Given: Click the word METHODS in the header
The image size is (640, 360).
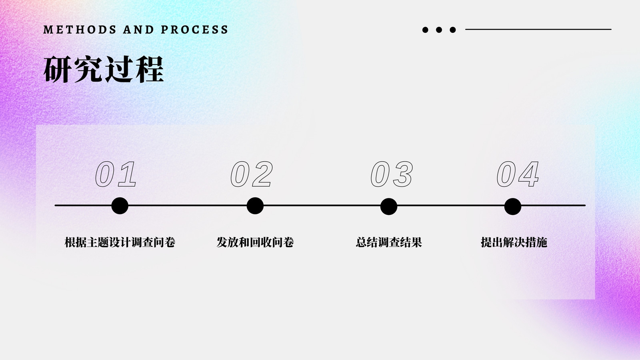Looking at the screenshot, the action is (80, 30).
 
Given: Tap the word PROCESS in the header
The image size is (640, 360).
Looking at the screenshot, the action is (194, 30).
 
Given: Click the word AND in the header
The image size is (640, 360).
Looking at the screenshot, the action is (138, 30).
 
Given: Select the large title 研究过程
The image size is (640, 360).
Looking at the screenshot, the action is (104, 70).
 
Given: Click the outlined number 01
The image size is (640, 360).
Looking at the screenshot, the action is (116, 174).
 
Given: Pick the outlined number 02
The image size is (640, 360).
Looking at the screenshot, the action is (252, 174).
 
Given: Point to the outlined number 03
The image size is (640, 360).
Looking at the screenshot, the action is (392, 174).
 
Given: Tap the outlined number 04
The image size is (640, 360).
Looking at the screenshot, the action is (518, 174).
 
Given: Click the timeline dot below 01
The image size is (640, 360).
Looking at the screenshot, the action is (120, 206).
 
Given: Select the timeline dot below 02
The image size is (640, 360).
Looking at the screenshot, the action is (255, 206).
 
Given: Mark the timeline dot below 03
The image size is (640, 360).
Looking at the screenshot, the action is (388, 206).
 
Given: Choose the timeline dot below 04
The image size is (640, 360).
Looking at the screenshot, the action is (512, 206).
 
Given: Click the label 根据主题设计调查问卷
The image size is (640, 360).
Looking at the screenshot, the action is (120, 242).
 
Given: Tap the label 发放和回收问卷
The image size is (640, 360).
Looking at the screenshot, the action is (255, 242).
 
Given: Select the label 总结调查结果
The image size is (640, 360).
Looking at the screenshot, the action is (389, 242).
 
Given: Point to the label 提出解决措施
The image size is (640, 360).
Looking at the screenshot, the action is (514, 242).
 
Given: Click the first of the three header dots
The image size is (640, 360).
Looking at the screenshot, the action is (425, 30).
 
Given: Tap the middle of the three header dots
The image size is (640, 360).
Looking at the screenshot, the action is (439, 30).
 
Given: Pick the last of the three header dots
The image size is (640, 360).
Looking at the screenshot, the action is (452, 30).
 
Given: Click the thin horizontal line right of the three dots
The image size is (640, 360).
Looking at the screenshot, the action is (538, 29).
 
